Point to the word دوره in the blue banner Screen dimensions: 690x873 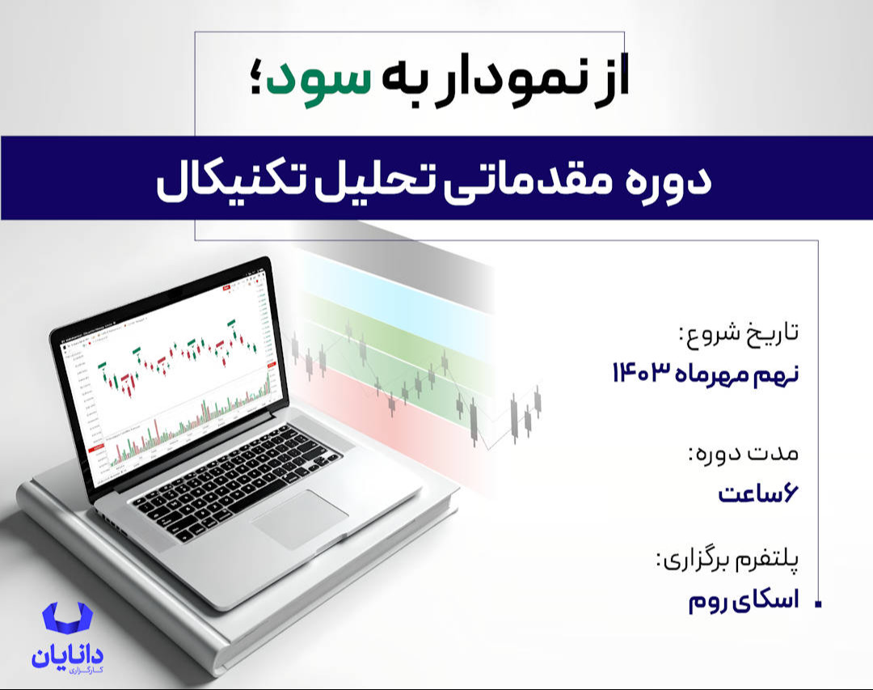click(x=662, y=180)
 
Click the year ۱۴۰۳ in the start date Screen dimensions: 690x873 click(x=639, y=374)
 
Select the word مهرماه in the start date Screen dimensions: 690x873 click(x=717, y=374)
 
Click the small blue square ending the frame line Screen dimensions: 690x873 click(x=818, y=603)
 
